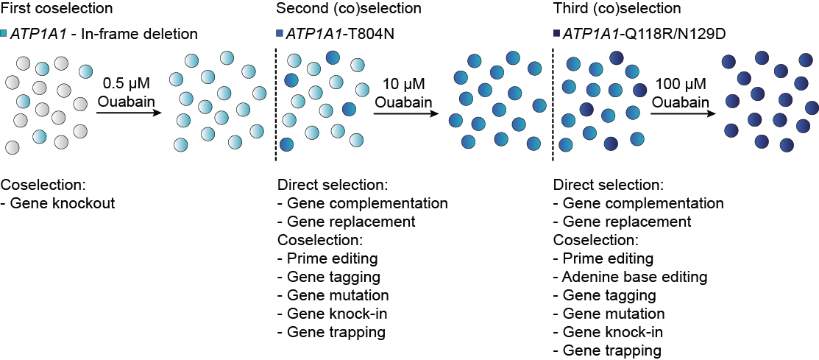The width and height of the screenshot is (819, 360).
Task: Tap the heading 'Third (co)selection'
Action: pyautogui.click(x=616, y=9)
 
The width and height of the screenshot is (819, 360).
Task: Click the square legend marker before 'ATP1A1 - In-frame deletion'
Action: pyautogui.click(x=4, y=34)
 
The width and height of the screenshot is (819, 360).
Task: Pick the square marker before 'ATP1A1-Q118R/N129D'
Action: pyautogui.click(x=556, y=34)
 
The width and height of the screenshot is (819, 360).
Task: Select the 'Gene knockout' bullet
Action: pyautogui.click(x=63, y=203)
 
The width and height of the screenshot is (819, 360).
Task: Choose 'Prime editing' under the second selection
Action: pyautogui.click(x=327, y=258)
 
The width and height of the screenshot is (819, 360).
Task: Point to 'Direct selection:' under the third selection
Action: pyautogui.click(x=608, y=185)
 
